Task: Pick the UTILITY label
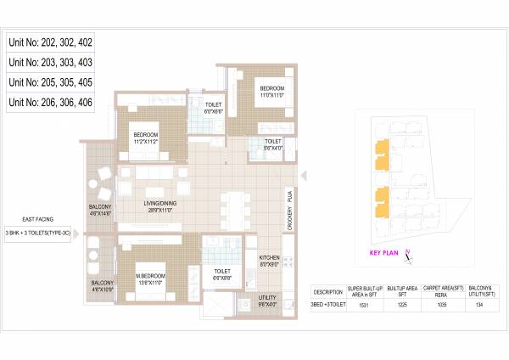pyautogui.click(x=268, y=299)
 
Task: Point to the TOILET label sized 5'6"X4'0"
pyautogui.click(x=272, y=143)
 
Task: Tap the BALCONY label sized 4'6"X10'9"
pyautogui.click(x=102, y=286)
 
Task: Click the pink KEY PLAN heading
pyautogui.click(x=384, y=252)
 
